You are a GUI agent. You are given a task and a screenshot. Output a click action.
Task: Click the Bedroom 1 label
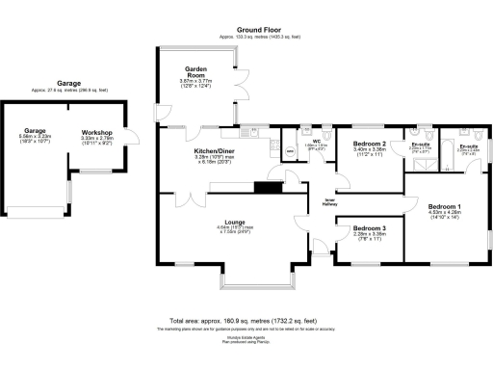(445, 207)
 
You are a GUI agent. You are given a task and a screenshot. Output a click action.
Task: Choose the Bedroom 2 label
(370, 143)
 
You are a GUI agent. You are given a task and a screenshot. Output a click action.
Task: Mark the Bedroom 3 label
(370, 226)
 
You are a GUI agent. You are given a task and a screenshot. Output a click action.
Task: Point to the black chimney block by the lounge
(266, 188)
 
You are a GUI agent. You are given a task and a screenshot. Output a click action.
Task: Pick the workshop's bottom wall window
(96, 172)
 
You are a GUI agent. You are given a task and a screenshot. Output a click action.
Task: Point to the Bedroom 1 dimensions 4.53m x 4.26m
(445, 216)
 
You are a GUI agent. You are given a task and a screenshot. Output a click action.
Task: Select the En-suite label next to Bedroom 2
(421, 144)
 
